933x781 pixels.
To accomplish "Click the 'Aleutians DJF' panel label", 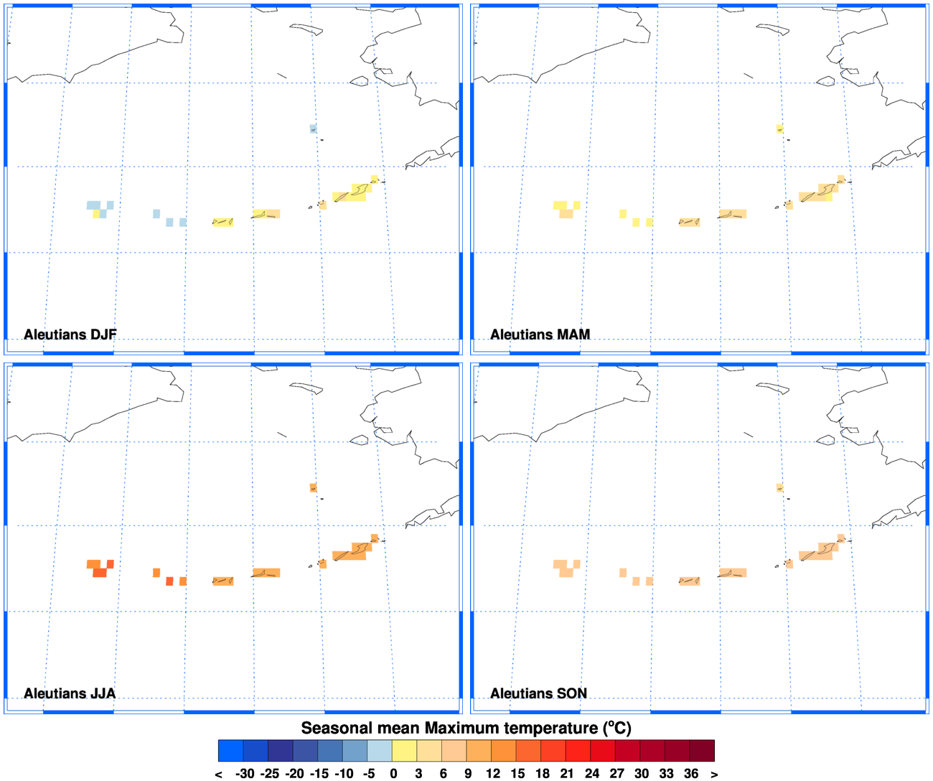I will click(x=70, y=335).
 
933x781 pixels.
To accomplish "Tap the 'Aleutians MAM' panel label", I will click(x=540, y=335).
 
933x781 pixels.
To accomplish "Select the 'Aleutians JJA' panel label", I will click(x=69, y=693).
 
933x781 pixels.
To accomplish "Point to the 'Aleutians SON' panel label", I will click(x=538, y=693).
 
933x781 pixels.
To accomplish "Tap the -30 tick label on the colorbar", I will click(x=245, y=774).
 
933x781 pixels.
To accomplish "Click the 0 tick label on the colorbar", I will click(x=393, y=774).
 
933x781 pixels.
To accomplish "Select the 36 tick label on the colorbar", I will click(x=691, y=774).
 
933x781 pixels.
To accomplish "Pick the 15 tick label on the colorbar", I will click(x=517, y=774).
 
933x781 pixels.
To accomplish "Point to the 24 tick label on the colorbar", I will click(x=592, y=774).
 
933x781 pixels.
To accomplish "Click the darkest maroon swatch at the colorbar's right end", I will click(x=702, y=750).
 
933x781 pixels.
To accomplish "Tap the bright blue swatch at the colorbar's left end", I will click(x=230, y=750).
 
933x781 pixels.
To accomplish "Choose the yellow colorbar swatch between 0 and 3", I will click(x=405, y=750).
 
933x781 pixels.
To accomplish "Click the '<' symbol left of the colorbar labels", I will click(x=218, y=774).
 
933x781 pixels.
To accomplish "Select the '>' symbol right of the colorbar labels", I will click(x=714, y=774).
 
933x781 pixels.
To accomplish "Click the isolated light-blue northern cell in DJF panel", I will click(x=313, y=128).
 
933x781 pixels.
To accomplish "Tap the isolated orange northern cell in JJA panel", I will click(x=313, y=487).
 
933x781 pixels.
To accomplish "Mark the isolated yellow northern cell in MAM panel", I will click(x=779, y=128).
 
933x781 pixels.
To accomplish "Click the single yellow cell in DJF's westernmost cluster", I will click(x=96, y=213).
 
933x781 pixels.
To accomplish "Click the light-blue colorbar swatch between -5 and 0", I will click(x=380, y=750).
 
